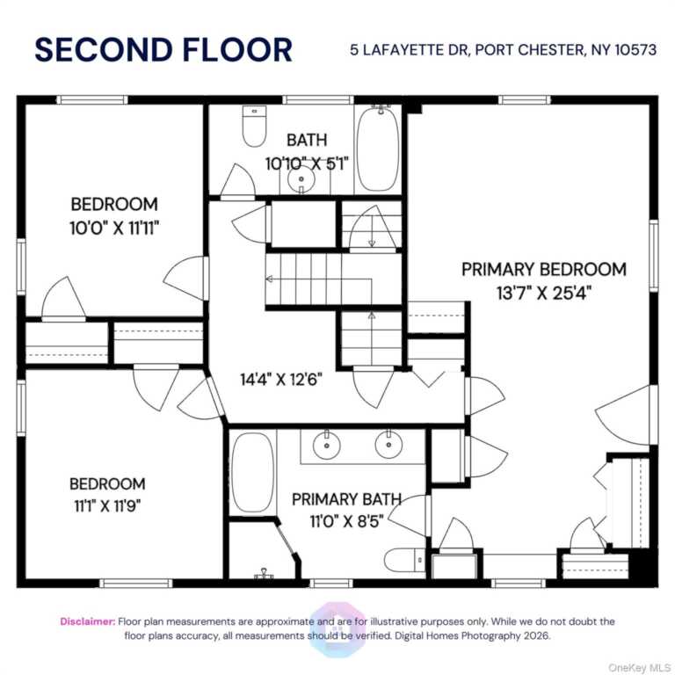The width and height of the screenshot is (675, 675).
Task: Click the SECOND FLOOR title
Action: [163, 50]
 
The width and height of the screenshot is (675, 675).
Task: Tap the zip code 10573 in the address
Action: [635, 50]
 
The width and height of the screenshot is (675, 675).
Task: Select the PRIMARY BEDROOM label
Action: [544, 270]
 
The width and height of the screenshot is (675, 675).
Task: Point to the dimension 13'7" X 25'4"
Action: [544, 294]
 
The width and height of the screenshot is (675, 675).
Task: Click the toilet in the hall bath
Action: [254, 127]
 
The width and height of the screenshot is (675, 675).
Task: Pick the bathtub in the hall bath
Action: [379, 149]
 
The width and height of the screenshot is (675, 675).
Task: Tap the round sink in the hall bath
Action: [301, 180]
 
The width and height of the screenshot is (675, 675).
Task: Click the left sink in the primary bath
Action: [327, 444]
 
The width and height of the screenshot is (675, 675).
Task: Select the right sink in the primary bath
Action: [388, 444]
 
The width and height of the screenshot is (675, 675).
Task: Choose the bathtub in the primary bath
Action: [253, 472]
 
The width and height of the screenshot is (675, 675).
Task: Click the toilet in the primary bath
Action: [404, 561]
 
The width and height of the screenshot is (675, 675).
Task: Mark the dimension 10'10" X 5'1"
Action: [307, 163]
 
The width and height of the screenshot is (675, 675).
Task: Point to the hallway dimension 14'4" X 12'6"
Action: [281, 380]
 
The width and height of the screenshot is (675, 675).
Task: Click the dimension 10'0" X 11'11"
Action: [114, 228]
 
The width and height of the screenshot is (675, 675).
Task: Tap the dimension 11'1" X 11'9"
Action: [107, 506]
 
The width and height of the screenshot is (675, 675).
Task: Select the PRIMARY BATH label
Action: [346, 499]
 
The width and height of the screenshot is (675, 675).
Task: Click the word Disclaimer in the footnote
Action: [88, 621]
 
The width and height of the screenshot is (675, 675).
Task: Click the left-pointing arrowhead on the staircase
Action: [270, 279]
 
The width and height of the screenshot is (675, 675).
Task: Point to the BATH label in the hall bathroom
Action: [307, 140]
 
